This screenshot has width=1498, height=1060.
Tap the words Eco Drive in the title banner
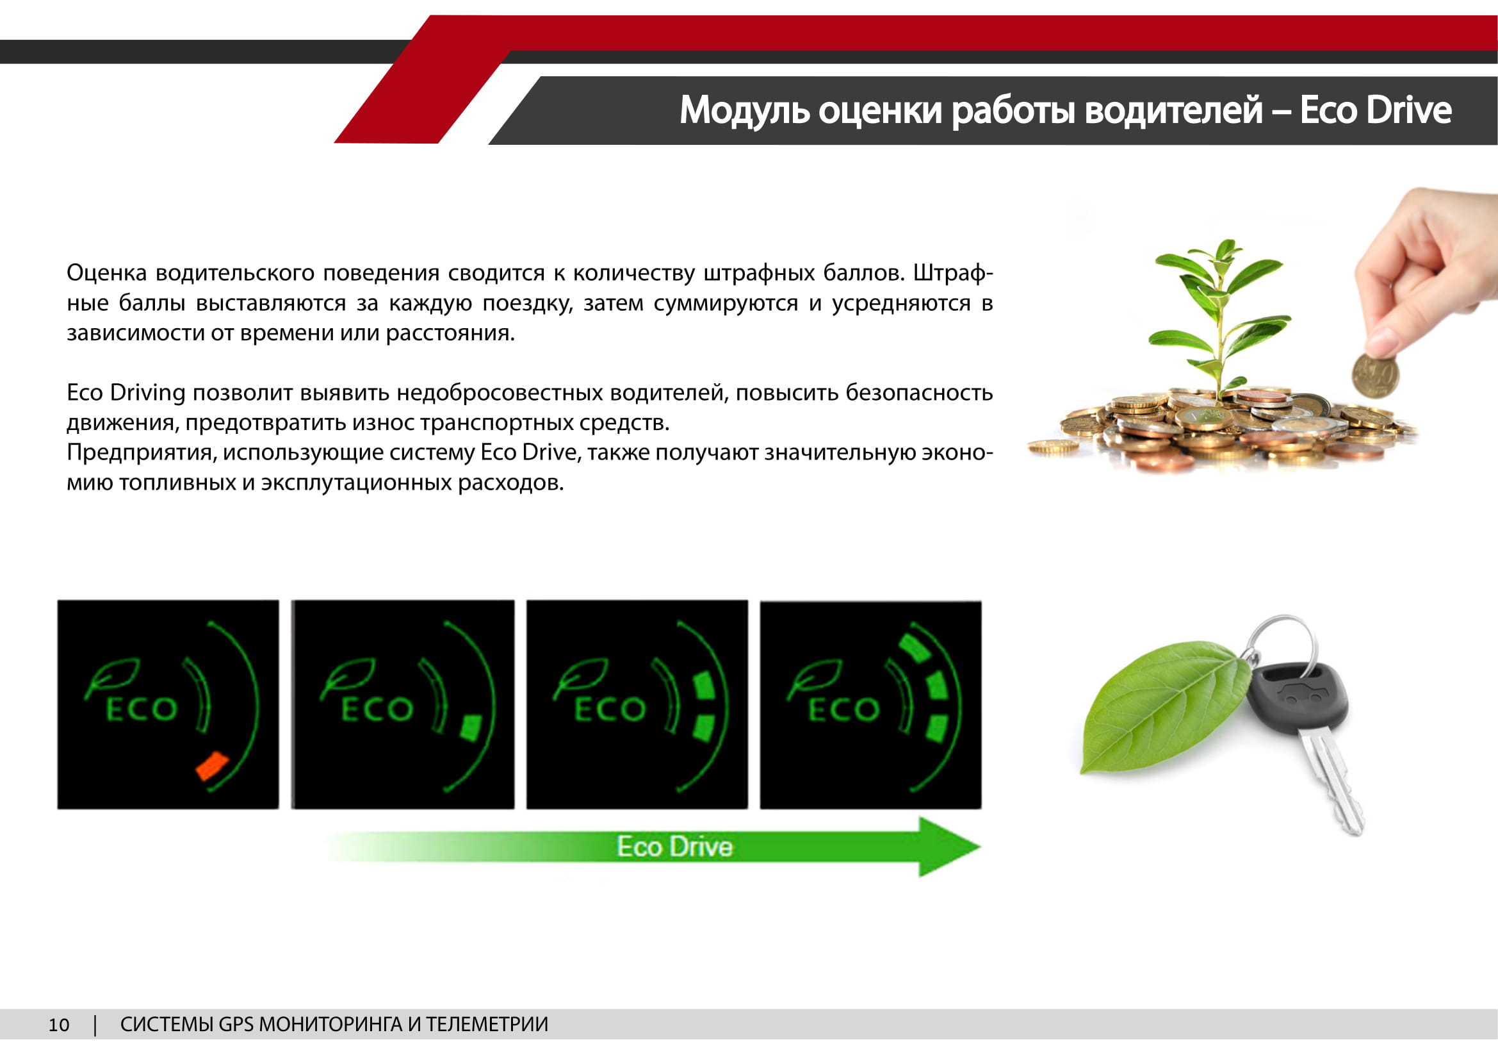pyautogui.click(x=1375, y=110)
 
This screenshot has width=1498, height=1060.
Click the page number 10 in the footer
pyautogui.click(x=59, y=1025)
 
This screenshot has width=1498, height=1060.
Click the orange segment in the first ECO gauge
pyautogui.click(x=212, y=766)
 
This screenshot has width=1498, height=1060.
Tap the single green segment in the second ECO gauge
pyautogui.click(x=471, y=728)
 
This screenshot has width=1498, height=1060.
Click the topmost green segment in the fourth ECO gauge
pyautogui.click(x=914, y=648)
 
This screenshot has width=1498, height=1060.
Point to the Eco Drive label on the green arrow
pyautogui.click(x=674, y=847)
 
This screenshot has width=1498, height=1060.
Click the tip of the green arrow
pyautogui.click(x=981, y=847)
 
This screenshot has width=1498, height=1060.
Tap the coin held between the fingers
pyautogui.click(x=1374, y=376)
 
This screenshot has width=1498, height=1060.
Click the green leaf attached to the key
pyautogui.click(x=1164, y=706)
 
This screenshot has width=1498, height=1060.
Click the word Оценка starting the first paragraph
pyautogui.click(x=106, y=273)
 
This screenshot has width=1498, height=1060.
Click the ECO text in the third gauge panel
pyautogui.click(x=610, y=709)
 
